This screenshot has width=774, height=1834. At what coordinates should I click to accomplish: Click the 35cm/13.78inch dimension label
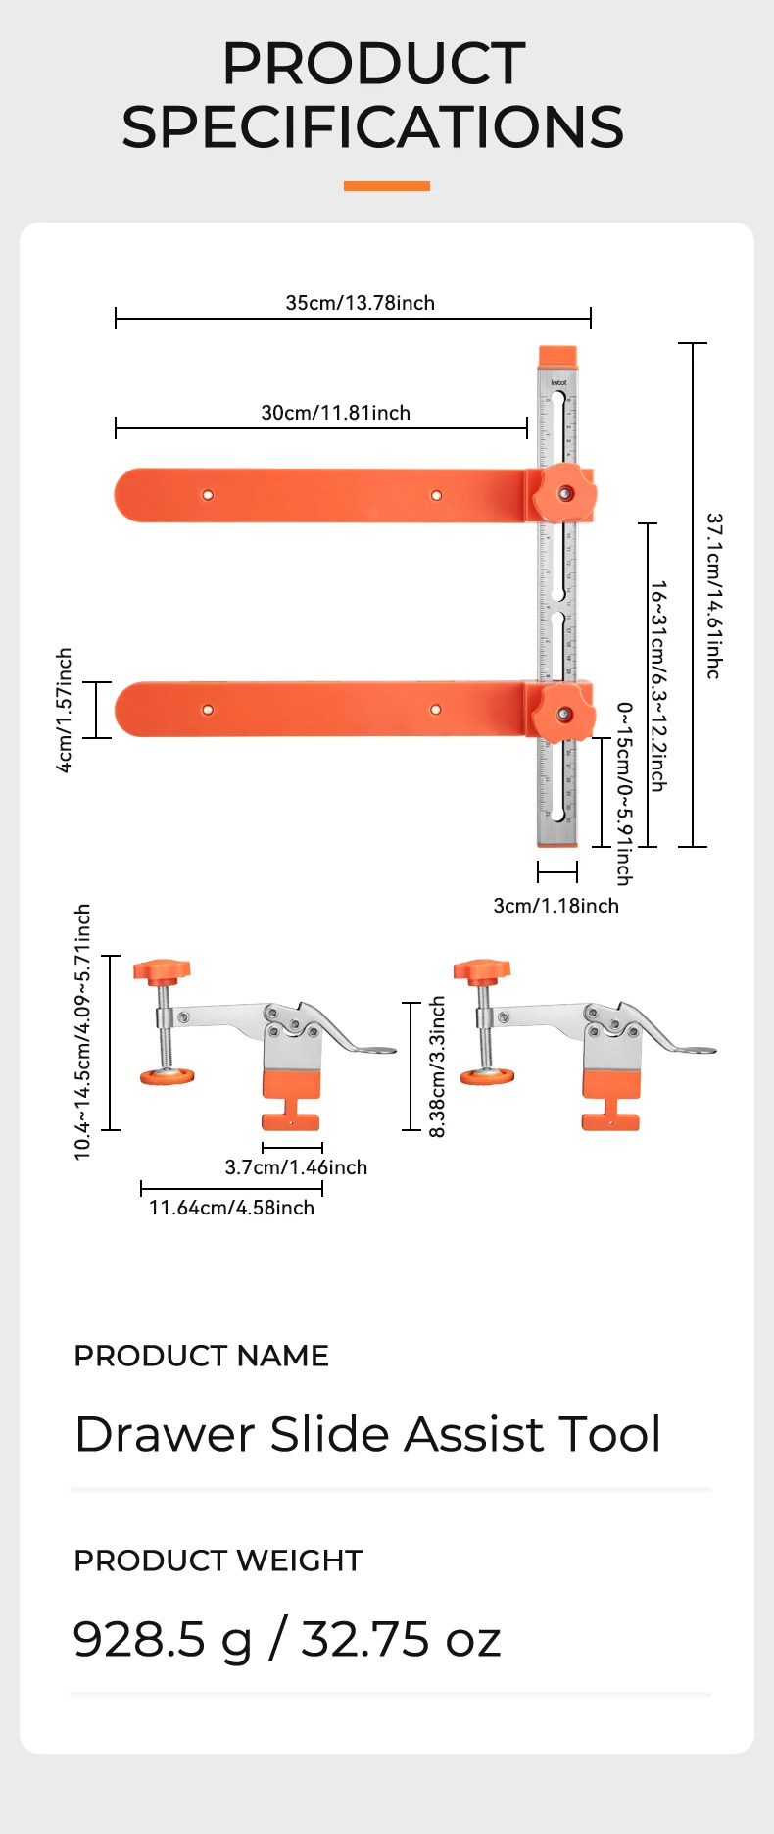tap(360, 303)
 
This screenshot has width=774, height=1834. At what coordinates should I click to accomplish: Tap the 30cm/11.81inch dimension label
tap(335, 413)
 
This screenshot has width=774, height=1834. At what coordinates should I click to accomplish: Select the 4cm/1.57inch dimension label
tap(64, 710)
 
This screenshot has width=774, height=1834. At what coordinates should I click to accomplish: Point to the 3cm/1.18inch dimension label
tap(556, 906)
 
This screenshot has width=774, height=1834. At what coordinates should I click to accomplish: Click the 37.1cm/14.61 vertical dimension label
tap(714, 595)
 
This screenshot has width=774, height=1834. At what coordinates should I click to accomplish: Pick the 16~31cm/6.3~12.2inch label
tap(658, 685)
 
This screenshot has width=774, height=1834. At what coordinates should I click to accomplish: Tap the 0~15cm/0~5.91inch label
tap(624, 793)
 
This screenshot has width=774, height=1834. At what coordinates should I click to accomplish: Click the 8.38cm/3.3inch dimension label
tap(437, 1066)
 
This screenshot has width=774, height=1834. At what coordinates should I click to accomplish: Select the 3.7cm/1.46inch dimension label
tap(296, 1167)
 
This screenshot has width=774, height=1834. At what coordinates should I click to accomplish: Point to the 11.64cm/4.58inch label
tap(231, 1208)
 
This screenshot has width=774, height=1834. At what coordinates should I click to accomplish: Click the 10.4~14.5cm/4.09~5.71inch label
tap(82, 1031)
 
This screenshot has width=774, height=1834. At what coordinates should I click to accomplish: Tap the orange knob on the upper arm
tap(564, 493)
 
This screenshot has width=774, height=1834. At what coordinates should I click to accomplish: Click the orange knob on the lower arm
tap(564, 713)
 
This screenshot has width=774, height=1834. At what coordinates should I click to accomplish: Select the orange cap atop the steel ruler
tap(558, 356)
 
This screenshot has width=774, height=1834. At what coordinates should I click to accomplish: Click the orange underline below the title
tap(386, 185)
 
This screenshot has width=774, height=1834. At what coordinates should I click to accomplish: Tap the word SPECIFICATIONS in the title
tap(372, 127)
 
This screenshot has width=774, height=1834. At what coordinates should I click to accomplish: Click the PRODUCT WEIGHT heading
tap(218, 1561)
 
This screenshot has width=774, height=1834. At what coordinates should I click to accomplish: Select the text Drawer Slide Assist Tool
tap(367, 1434)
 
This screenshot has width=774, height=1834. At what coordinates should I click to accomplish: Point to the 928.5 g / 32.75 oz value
tap(286, 1639)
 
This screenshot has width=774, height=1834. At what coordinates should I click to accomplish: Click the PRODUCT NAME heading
tap(201, 1356)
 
